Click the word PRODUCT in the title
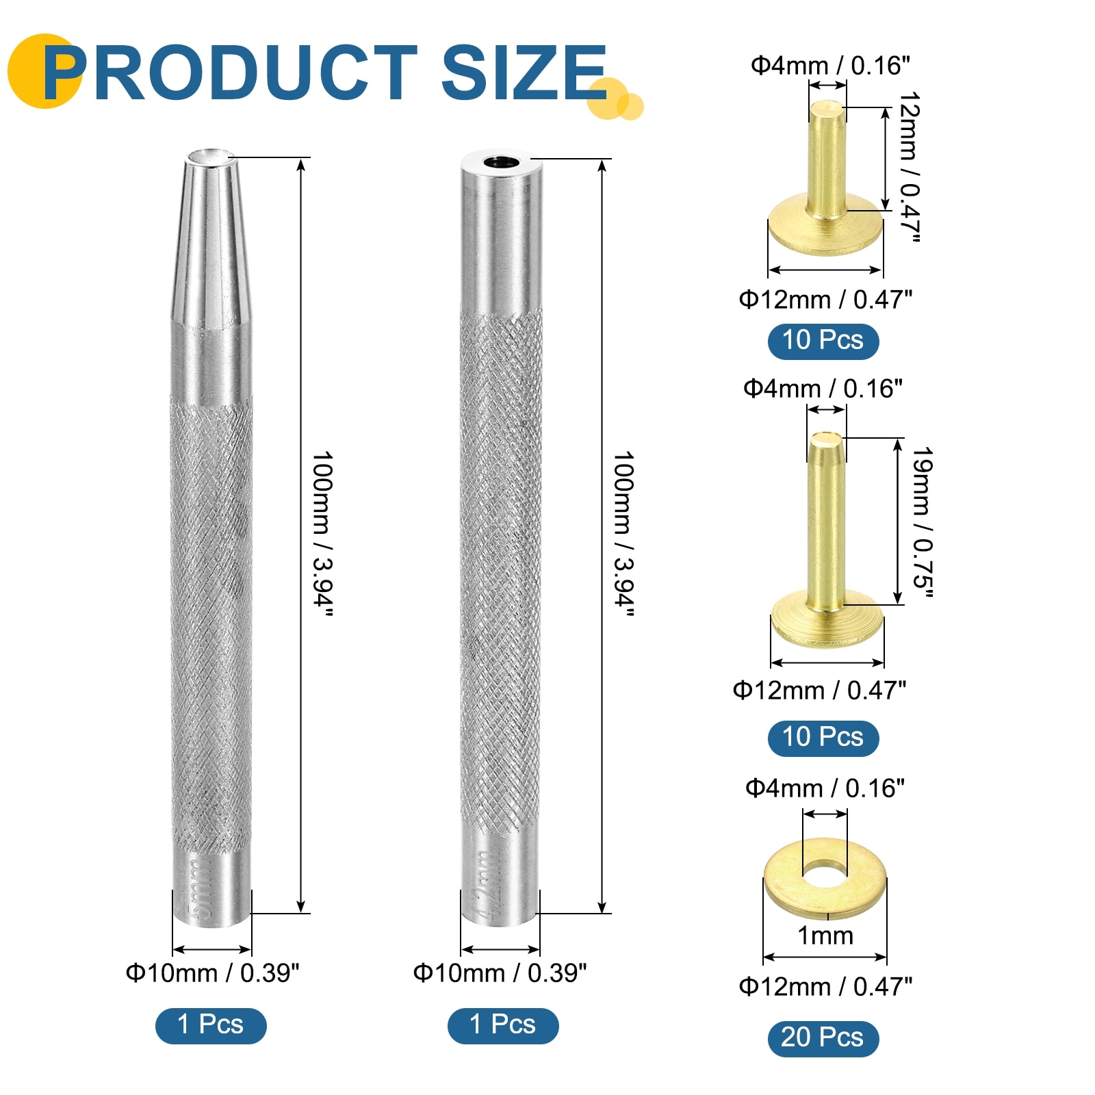pos(230,72)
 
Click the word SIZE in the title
pos(524,72)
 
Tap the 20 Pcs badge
pos(823,1038)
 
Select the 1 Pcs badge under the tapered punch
pos(211,1025)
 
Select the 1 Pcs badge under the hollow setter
pos(503,1025)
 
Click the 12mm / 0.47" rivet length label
pos(909,167)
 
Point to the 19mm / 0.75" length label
pos(923,522)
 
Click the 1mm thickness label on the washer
pos(825,936)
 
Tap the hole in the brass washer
pos(825,873)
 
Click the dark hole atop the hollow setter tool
pos(502,163)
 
